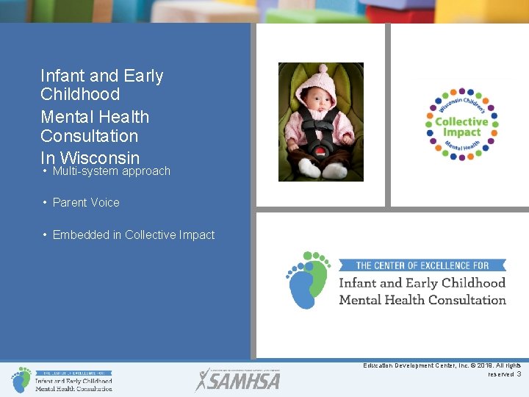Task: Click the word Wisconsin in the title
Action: coord(99,157)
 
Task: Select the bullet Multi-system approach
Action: coord(111,171)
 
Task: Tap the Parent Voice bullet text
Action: coord(85,203)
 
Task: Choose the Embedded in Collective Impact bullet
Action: coord(133,235)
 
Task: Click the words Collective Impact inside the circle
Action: coord(461,126)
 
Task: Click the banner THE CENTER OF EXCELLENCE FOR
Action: coord(422,265)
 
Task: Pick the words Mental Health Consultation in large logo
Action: coord(422,300)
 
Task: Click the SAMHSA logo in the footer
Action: coord(237,380)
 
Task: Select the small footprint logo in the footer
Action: coord(21,379)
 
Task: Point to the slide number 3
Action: coord(519,374)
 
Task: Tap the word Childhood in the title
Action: coord(79,95)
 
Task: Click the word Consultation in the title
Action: coord(89,136)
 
